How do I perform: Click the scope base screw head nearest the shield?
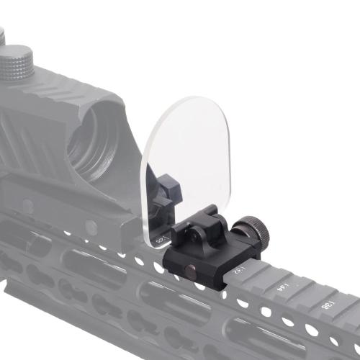click(x=91, y=229)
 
